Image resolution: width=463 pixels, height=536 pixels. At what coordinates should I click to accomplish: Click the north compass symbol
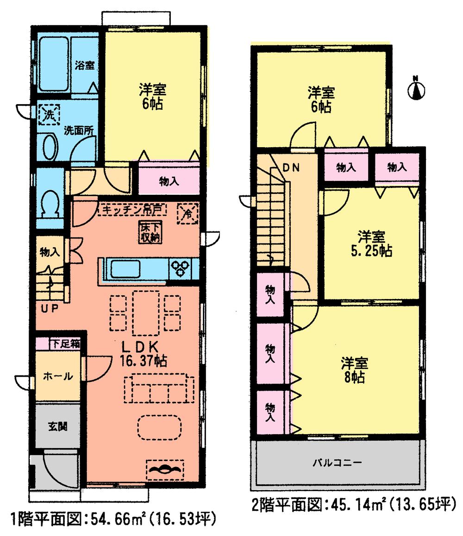(416, 89)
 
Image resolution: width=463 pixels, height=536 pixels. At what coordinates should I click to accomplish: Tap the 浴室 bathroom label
(85, 65)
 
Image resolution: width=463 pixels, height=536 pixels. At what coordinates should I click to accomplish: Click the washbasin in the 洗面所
(49, 147)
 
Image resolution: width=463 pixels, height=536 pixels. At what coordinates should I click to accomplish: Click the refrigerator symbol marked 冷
(188, 213)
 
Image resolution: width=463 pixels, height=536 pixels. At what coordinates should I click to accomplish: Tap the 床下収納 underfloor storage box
(149, 231)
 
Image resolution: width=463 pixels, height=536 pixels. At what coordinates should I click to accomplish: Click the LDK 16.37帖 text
(141, 353)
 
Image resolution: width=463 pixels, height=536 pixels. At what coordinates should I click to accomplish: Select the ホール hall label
(57, 376)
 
